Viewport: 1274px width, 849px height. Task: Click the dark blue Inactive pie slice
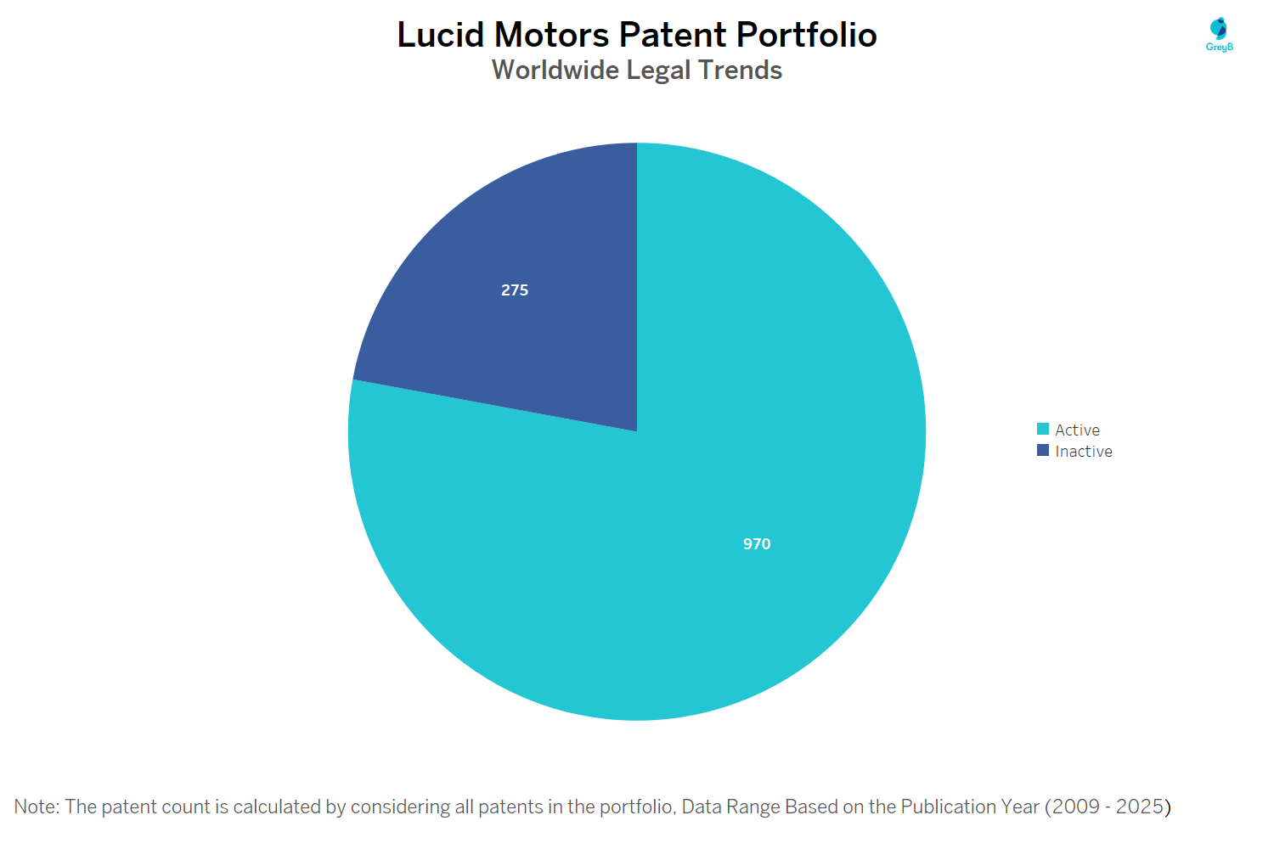544,340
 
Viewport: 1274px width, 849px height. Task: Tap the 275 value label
515,290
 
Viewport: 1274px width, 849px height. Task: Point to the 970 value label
757,544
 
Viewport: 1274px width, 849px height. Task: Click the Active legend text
1077,430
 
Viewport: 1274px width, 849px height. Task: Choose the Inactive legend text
1083,452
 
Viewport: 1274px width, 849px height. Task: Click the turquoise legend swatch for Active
1043,429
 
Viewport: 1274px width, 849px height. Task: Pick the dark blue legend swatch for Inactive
1043,450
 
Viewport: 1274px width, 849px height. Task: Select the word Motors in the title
551,35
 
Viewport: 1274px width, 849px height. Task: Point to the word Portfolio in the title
806,35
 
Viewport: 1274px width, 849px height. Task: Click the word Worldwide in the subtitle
555,70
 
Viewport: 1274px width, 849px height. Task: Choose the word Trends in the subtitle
740,70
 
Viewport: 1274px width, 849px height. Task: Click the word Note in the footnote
34,807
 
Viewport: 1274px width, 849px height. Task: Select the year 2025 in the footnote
1139,807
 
